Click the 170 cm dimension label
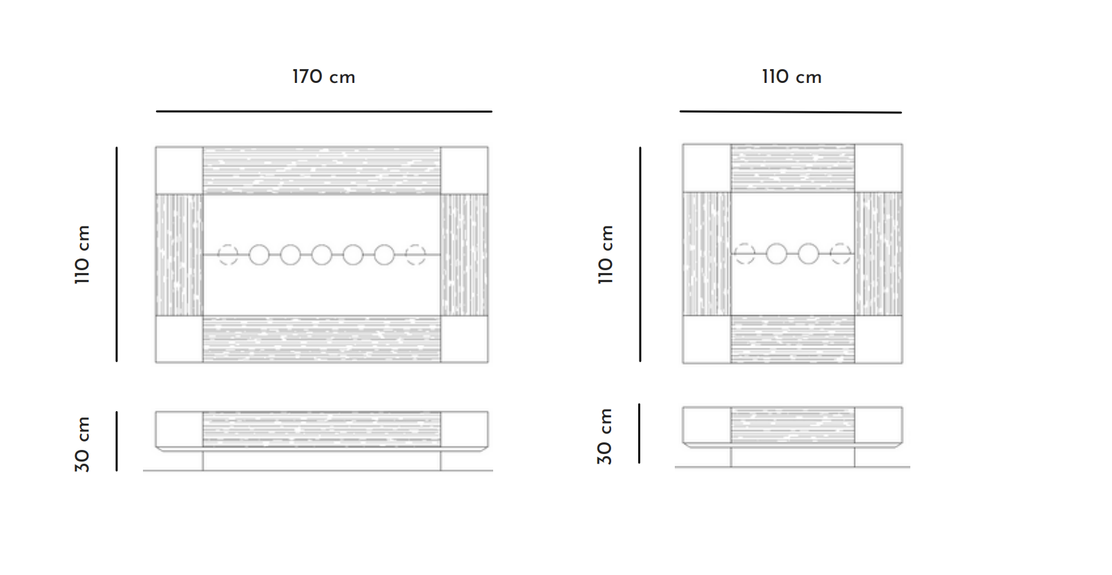click(x=324, y=77)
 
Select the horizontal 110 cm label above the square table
click(x=792, y=77)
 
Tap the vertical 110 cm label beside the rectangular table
click(x=82, y=254)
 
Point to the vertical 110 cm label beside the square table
click(x=606, y=254)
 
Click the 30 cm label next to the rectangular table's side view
click(x=82, y=444)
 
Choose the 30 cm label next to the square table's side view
click(x=604, y=437)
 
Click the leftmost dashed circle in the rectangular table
click(x=228, y=255)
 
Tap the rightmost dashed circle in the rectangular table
click(x=416, y=255)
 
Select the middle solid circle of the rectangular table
click(x=322, y=255)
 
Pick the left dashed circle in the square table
click(x=745, y=254)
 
